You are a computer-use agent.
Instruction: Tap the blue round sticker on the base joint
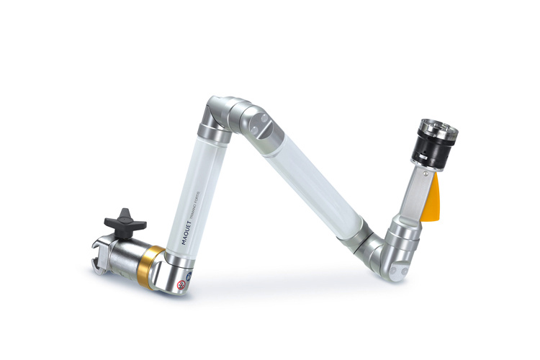click(x=189, y=276)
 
